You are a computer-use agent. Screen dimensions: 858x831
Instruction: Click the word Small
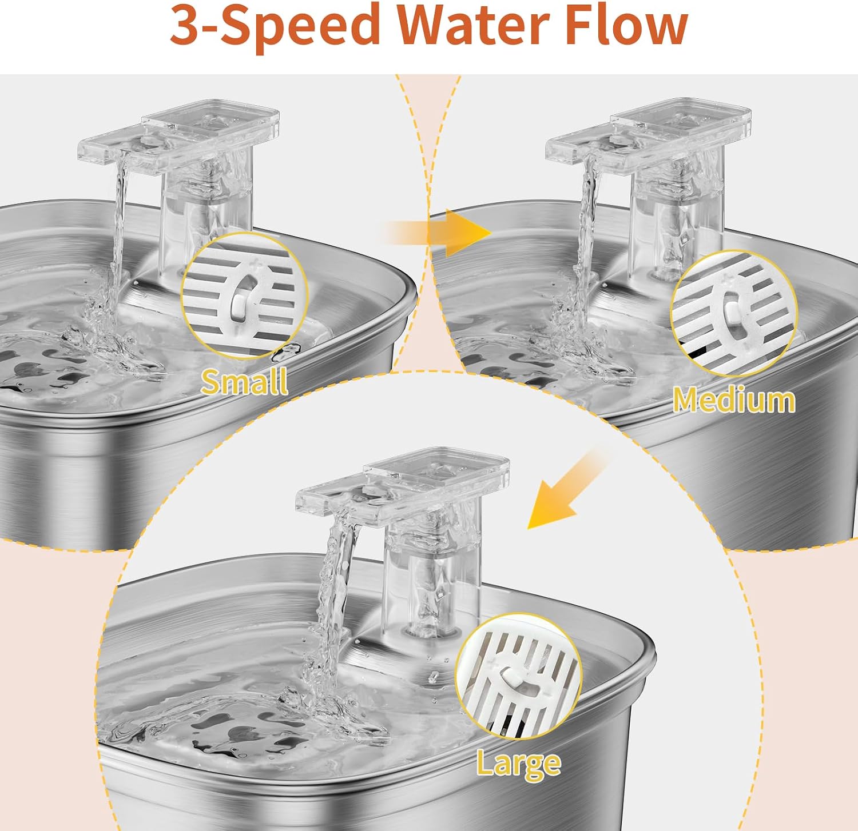[244, 382]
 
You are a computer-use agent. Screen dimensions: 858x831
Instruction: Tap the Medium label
[734, 400]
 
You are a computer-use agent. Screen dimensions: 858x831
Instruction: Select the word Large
[519, 764]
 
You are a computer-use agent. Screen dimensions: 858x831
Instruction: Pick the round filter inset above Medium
[734, 313]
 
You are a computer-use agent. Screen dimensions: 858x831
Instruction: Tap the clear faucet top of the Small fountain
[178, 137]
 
